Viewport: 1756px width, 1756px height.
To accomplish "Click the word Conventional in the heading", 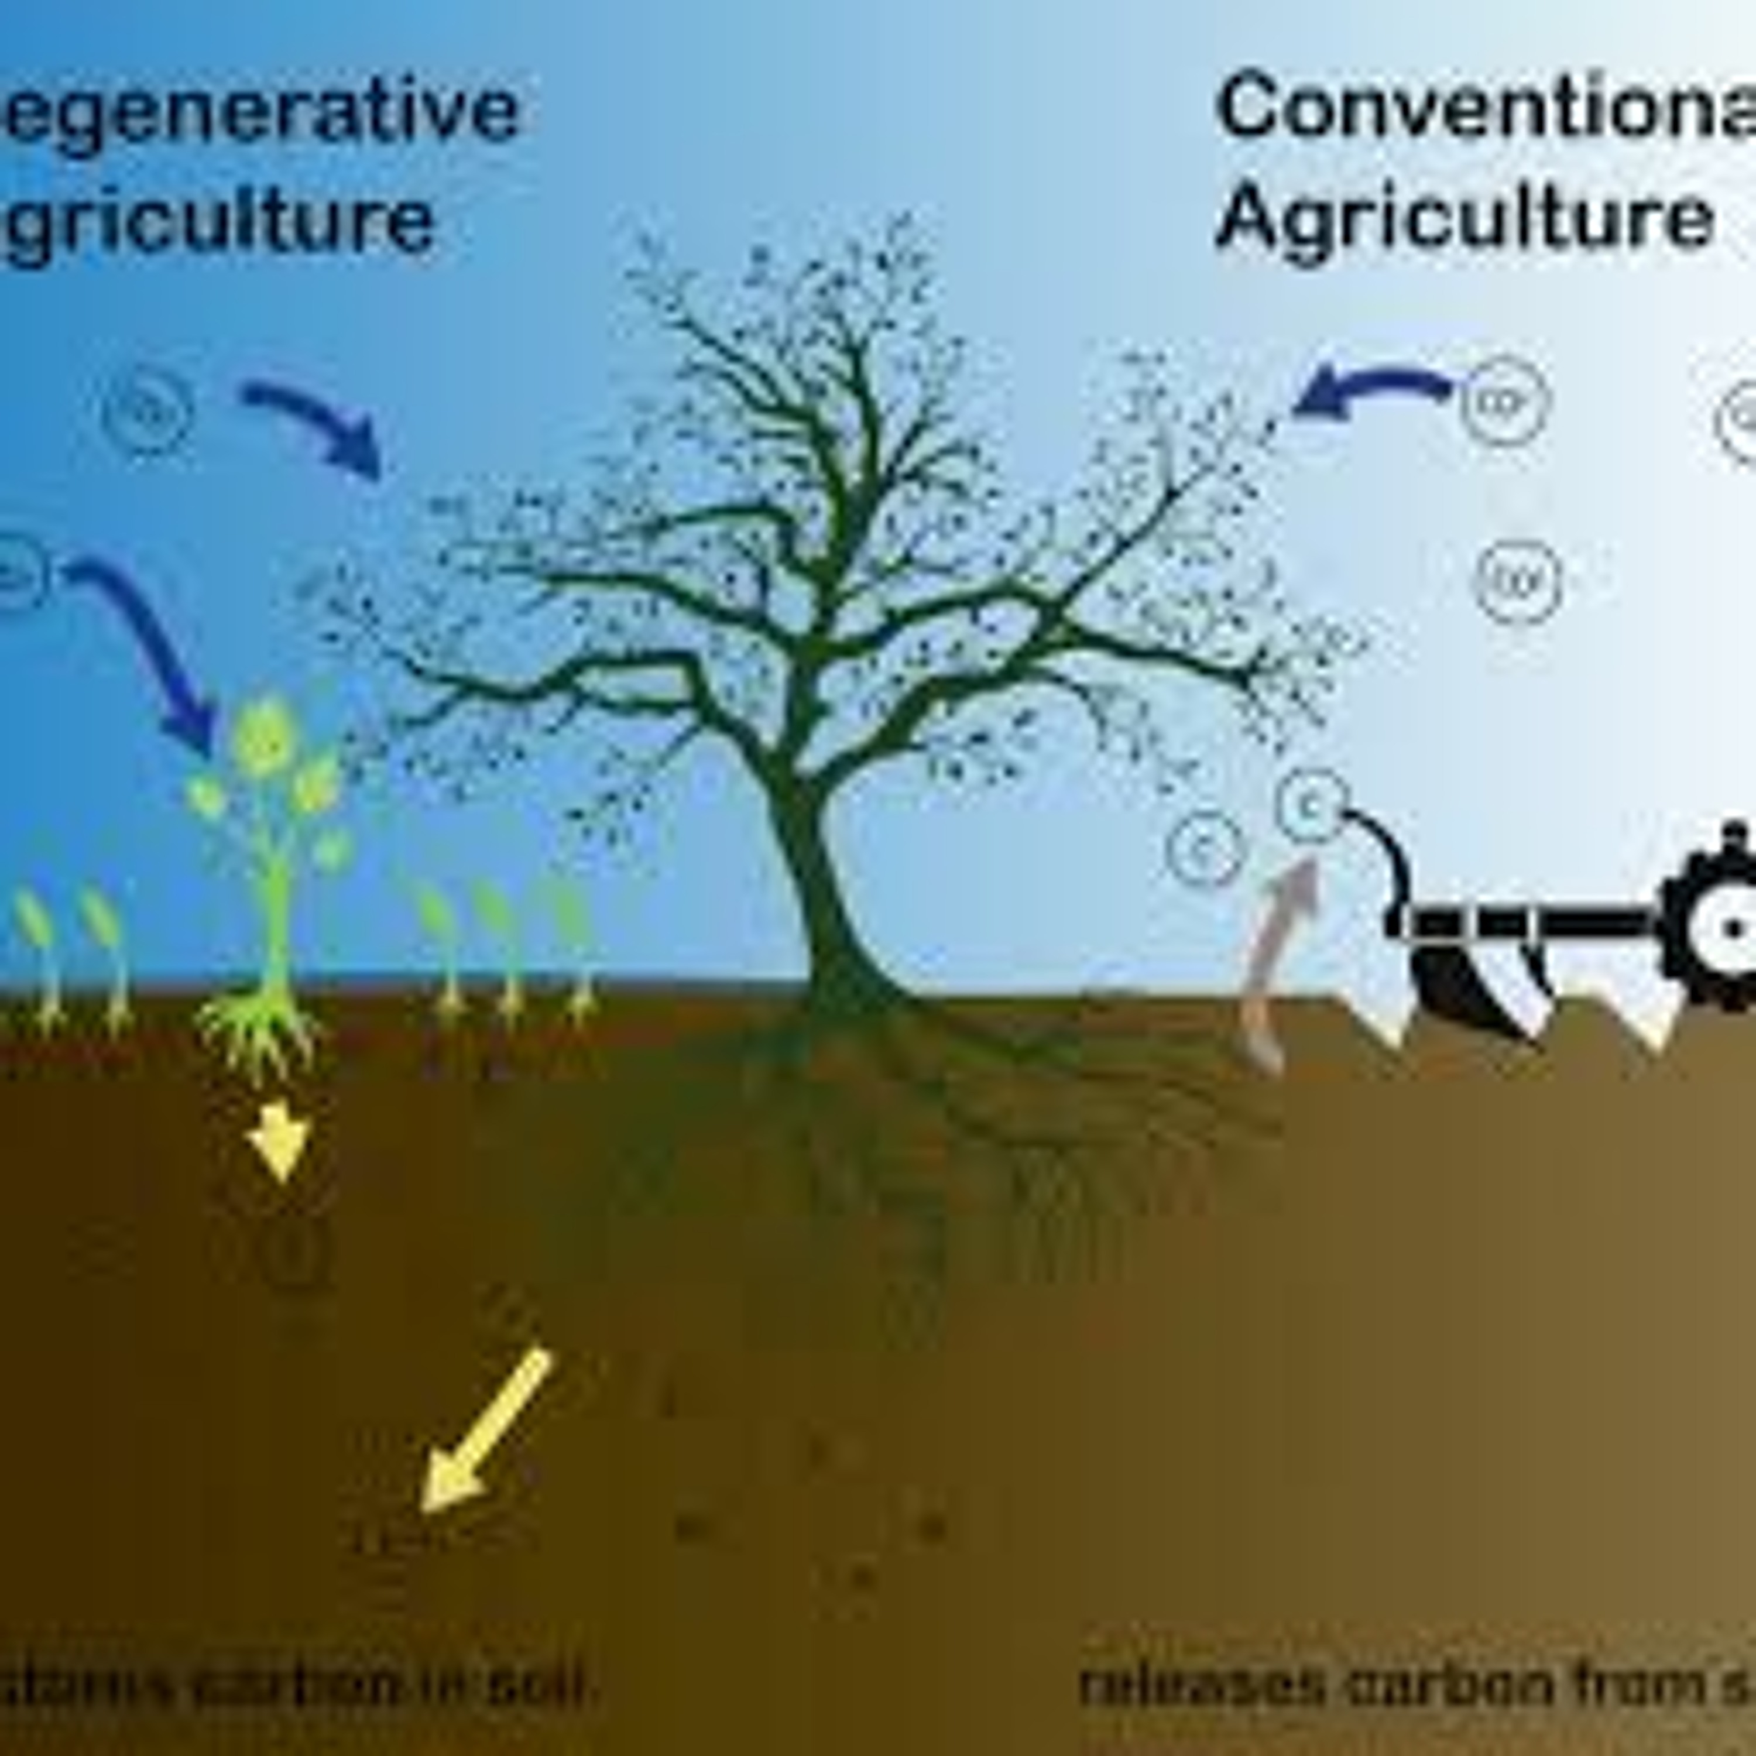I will point(1481,107).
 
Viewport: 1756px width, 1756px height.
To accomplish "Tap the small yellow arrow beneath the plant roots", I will point(279,1141).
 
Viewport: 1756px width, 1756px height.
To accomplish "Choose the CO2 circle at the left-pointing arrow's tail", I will point(1504,400).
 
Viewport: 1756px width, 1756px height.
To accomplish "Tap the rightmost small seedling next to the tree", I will point(572,945).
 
